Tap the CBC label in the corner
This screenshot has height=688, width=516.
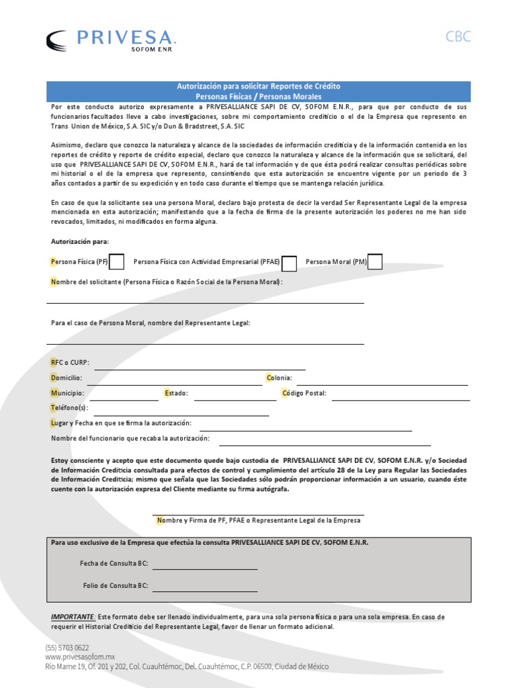tap(458, 37)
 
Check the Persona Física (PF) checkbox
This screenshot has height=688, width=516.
tap(116, 261)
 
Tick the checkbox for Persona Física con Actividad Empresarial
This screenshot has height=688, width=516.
tap(290, 263)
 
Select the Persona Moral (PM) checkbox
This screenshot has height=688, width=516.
tap(375, 261)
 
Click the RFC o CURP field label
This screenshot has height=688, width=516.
tap(70, 363)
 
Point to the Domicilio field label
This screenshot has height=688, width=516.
tap(67, 378)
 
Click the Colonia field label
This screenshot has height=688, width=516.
tap(279, 378)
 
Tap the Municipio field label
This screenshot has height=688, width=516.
tap(67, 393)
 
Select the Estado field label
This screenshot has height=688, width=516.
tap(177, 393)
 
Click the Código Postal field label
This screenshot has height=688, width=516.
tap(304, 393)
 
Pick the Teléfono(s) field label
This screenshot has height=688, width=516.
tap(69, 408)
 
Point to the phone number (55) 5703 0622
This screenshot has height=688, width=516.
tap(67, 647)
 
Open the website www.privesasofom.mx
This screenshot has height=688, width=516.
tap(81, 656)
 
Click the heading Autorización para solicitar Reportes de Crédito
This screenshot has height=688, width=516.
tap(258, 87)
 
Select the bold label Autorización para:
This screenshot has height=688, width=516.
tap(80, 241)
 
